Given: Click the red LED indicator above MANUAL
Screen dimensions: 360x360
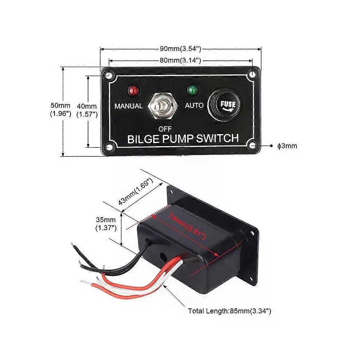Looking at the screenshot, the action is tap(134, 91).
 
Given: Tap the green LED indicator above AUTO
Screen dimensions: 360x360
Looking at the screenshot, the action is tap(192, 90).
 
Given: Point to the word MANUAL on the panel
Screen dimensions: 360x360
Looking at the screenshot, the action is tap(129, 106).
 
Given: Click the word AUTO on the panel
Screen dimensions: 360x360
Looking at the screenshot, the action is tap(194, 105).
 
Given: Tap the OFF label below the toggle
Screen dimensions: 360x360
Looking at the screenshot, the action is tap(165, 129).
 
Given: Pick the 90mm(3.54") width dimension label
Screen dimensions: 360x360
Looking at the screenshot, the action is tap(180, 49).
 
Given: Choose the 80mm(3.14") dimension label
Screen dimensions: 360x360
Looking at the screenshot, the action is tap(180, 60).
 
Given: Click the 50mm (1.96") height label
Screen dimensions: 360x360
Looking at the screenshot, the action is tap(61, 110).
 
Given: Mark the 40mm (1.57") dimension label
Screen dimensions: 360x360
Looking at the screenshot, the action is tap(87, 111).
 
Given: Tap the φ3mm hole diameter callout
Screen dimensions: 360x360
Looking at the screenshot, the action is tap(287, 146).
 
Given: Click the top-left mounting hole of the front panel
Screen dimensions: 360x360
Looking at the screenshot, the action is tap(108, 75).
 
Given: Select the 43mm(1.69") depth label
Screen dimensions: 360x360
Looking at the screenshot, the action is tap(136, 192).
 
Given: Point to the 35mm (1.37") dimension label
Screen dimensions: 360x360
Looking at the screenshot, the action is tap(106, 224).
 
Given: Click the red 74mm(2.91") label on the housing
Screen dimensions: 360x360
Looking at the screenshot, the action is tap(187, 227).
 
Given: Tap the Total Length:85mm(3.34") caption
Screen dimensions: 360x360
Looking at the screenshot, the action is tap(229, 311).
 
